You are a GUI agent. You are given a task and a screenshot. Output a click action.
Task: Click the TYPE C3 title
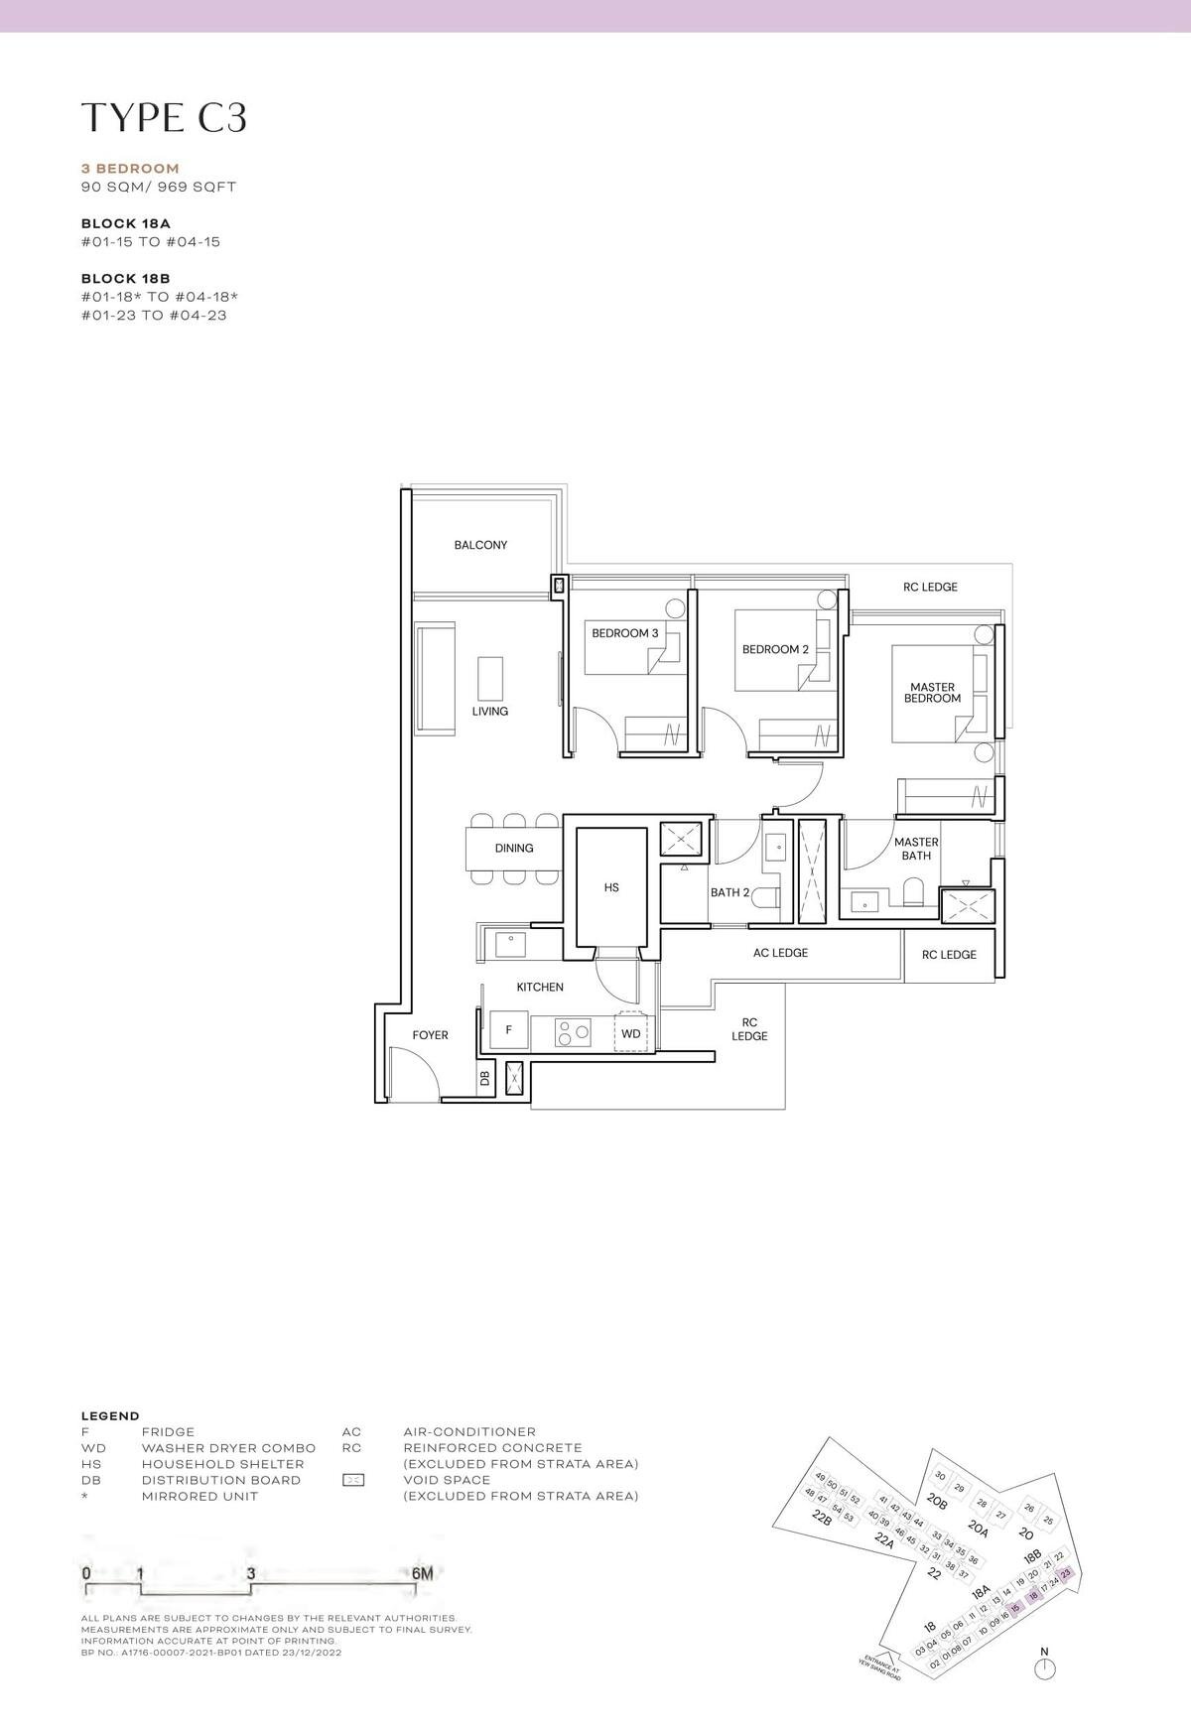click(x=164, y=117)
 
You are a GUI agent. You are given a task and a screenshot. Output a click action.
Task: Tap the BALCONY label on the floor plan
click(x=480, y=545)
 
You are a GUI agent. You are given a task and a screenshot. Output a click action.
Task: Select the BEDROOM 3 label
click(x=624, y=633)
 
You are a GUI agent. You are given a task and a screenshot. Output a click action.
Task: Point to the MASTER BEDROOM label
click(x=932, y=693)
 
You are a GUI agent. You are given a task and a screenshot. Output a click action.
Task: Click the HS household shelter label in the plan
click(x=611, y=887)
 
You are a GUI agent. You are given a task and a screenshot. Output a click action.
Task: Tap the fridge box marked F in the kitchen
click(x=509, y=1030)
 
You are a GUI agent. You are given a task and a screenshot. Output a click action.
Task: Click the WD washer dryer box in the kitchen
click(x=631, y=1033)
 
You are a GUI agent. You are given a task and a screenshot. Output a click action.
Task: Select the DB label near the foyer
click(x=485, y=1078)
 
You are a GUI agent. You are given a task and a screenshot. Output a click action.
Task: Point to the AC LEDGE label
click(x=780, y=953)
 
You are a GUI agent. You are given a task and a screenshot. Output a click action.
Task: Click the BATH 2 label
click(x=729, y=892)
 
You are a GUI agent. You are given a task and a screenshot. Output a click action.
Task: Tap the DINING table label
click(x=514, y=848)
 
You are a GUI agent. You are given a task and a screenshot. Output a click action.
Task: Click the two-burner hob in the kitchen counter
click(x=573, y=1033)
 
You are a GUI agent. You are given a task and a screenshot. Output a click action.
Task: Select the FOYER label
click(x=430, y=1035)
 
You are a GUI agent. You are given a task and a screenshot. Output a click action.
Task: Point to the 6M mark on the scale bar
click(x=422, y=1573)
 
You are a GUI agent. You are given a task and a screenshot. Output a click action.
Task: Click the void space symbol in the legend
click(x=352, y=1480)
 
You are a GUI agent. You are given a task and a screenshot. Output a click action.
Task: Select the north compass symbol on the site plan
click(x=1044, y=1669)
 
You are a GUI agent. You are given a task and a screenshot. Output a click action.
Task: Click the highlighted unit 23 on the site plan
click(x=1066, y=1574)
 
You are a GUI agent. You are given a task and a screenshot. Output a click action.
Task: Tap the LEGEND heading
click(x=110, y=1416)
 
